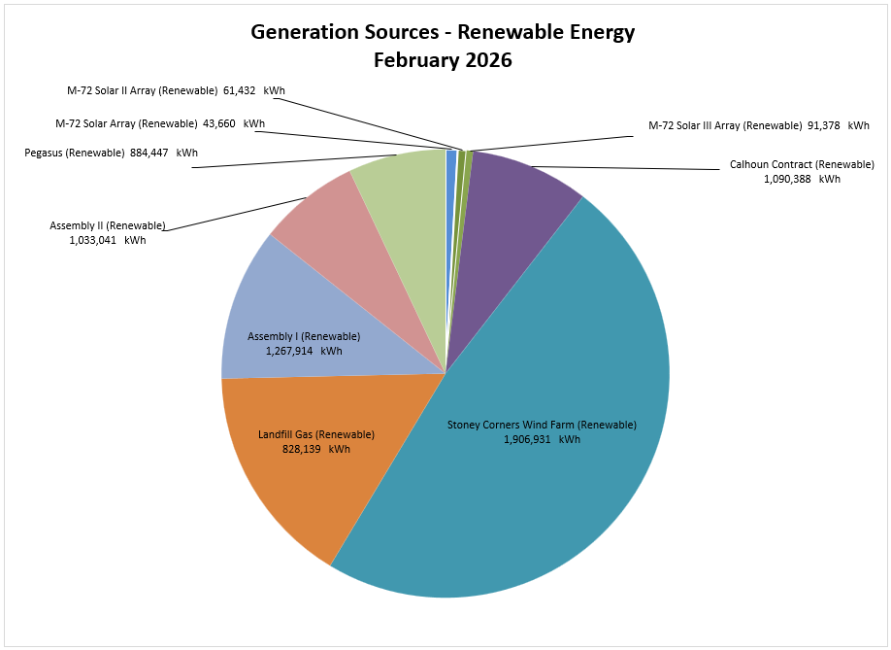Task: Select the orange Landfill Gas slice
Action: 291,486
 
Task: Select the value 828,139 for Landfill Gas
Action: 301,449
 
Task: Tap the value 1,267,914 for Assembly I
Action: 289,351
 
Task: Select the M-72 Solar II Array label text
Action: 142,90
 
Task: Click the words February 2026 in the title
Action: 443,60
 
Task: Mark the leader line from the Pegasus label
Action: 291,161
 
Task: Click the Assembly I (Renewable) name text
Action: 304,336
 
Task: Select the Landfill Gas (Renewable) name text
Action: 315,434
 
